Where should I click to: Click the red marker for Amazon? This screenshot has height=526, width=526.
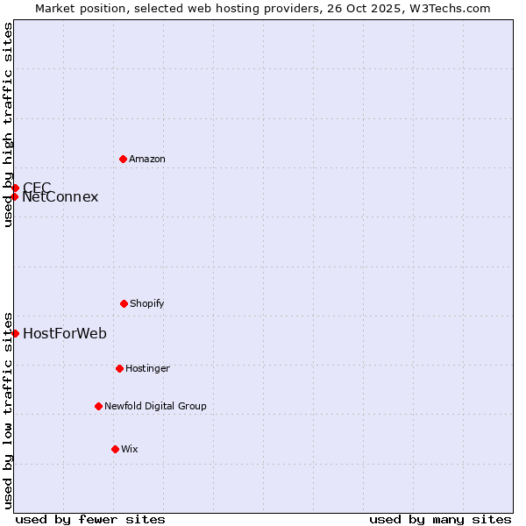click(123, 159)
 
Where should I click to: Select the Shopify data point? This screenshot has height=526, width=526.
click(124, 303)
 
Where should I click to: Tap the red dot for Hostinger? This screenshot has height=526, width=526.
click(119, 368)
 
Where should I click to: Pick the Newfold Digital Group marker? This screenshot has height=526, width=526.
click(98, 406)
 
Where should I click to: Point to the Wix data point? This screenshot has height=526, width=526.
click(115, 449)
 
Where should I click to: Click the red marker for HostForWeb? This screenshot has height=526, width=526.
click(15, 333)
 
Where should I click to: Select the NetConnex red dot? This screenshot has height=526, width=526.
click(15, 196)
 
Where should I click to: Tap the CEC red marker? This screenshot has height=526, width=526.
click(15, 188)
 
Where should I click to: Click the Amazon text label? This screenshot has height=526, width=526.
click(147, 159)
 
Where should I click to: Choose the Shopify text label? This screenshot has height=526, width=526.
click(147, 303)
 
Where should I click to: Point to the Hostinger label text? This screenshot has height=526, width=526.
click(147, 368)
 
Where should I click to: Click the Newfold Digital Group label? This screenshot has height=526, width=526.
click(155, 406)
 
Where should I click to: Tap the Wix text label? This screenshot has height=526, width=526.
click(130, 449)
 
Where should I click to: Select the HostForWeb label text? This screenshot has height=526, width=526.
click(65, 333)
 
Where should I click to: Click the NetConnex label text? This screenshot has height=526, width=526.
click(60, 197)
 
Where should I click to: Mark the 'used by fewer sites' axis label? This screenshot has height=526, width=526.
click(90, 519)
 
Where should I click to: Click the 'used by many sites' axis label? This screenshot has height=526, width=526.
click(440, 519)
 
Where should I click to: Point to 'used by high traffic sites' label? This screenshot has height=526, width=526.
click(8, 124)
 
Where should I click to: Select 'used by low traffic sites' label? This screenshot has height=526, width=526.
click(8, 409)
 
